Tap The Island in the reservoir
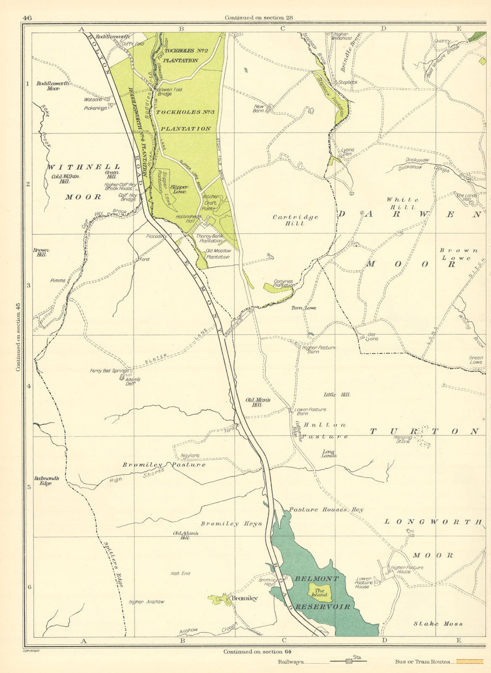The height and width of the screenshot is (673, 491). pyautogui.click(x=320, y=592)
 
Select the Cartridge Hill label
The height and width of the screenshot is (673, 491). pyautogui.click(x=295, y=220)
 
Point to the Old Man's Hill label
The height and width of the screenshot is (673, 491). pyautogui.click(x=258, y=403)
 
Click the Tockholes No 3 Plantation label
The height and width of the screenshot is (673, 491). pyautogui.click(x=184, y=120)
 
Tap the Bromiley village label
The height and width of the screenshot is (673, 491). pyautogui.click(x=244, y=598)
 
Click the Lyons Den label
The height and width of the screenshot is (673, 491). pyautogui.click(x=347, y=152)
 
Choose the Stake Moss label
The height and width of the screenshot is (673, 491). pyautogui.click(x=438, y=623)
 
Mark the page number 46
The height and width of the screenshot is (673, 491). pyautogui.click(x=27, y=18)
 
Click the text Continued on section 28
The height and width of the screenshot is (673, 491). pyautogui.click(x=259, y=18)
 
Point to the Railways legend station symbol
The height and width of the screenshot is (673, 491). pyautogui.click(x=349, y=661)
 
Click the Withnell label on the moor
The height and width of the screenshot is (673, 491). pyautogui.click(x=84, y=167)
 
